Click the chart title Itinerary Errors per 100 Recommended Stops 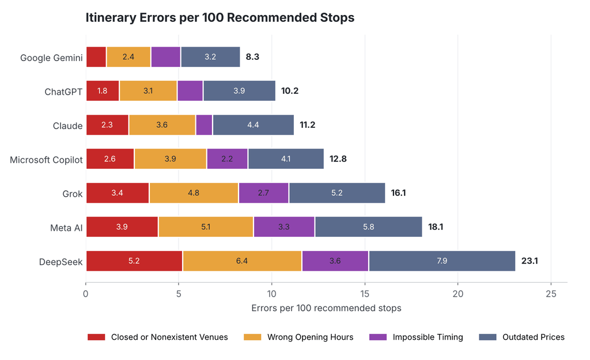[x=220, y=18]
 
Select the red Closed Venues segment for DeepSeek [x=134, y=261]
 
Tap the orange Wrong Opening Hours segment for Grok [x=194, y=193]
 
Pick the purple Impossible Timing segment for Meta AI [x=284, y=227]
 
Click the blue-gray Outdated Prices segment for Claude [x=254, y=125]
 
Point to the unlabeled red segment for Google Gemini [x=96, y=57]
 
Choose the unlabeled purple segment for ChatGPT [x=190, y=90]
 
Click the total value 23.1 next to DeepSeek [x=530, y=261]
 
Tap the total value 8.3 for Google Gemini [x=252, y=57]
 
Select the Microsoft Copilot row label [x=46, y=160]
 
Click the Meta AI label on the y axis [x=66, y=228]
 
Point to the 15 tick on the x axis [x=365, y=294]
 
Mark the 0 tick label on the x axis [x=86, y=294]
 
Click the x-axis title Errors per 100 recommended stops [x=326, y=308]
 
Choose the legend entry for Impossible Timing [x=416, y=337]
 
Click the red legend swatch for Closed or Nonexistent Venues [x=96, y=337]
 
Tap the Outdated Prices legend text [x=534, y=337]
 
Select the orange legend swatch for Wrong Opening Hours [x=252, y=337]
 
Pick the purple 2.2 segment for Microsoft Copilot [x=227, y=159]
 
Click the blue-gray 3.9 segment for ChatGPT [x=239, y=90]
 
